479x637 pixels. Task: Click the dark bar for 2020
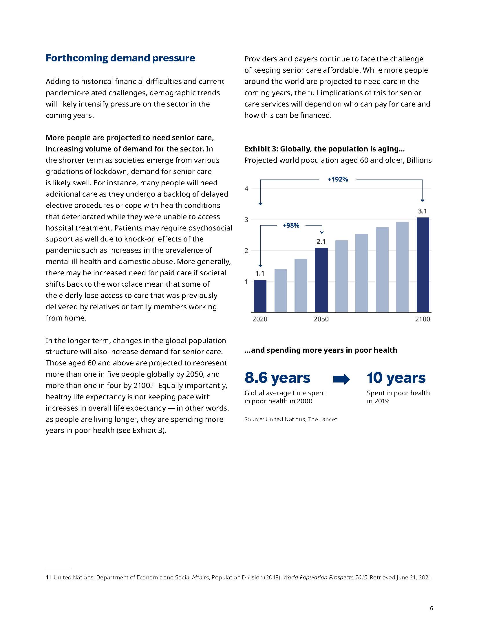pyautogui.click(x=260, y=296)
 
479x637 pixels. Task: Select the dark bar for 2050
pyautogui.click(x=321, y=280)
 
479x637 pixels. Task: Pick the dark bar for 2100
pyautogui.click(x=423, y=265)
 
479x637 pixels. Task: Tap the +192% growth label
pyautogui.click(x=338, y=180)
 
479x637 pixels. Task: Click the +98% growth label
pyautogui.click(x=291, y=226)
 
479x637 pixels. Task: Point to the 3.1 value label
pyautogui.click(x=422, y=211)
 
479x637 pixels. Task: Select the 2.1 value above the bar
pyautogui.click(x=321, y=242)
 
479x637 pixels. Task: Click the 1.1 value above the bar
pyautogui.click(x=260, y=273)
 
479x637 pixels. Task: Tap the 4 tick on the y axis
pyautogui.click(x=246, y=189)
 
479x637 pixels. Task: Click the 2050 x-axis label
pyautogui.click(x=321, y=319)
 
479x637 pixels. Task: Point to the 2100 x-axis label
pyautogui.click(x=423, y=319)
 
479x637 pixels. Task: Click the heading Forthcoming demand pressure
pyautogui.click(x=120, y=58)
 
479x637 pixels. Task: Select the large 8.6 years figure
pyautogui.click(x=277, y=378)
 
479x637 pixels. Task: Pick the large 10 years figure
pyautogui.click(x=396, y=378)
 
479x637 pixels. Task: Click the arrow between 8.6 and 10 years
pyautogui.click(x=341, y=379)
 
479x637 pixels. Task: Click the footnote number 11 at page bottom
pyautogui.click(x=48, y=577)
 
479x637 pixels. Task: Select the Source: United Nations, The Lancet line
pyautogui.click(x=290, y=420)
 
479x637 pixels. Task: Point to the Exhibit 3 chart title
pyautogui.click(x=324, y=149)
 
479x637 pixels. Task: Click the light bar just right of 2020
pyautogui.click(x=281, y=290)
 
